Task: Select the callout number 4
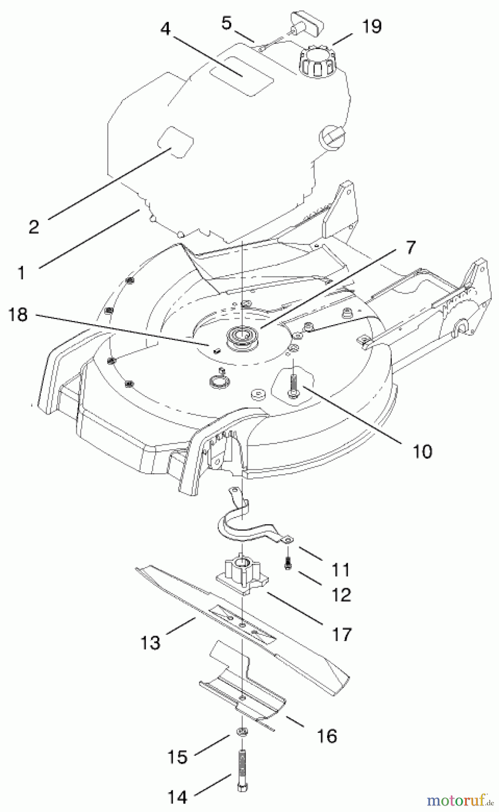tap(166, 29)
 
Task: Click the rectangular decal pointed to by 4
tap(244, 75)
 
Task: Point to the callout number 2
tap(34, 226)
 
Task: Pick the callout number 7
tap(410, 248)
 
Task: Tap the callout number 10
tap(422, 451)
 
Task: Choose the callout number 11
tap(341, 569)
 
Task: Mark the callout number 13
tap(150, 642)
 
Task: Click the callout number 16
tap(327, 736)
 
